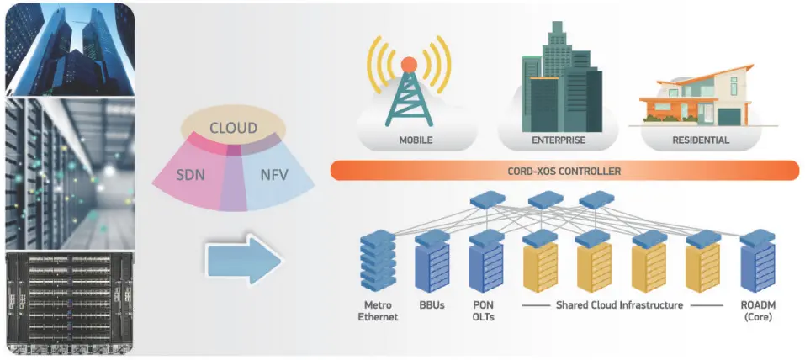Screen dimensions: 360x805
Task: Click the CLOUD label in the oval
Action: (x=233, y=129)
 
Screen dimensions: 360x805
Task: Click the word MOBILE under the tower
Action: (x=416, y=140)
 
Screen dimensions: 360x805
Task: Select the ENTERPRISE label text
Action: (x=559, y=140)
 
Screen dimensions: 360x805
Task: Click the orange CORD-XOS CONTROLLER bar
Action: (x=564, y=171)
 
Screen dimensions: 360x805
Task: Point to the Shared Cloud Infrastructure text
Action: (x=619, y=305)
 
